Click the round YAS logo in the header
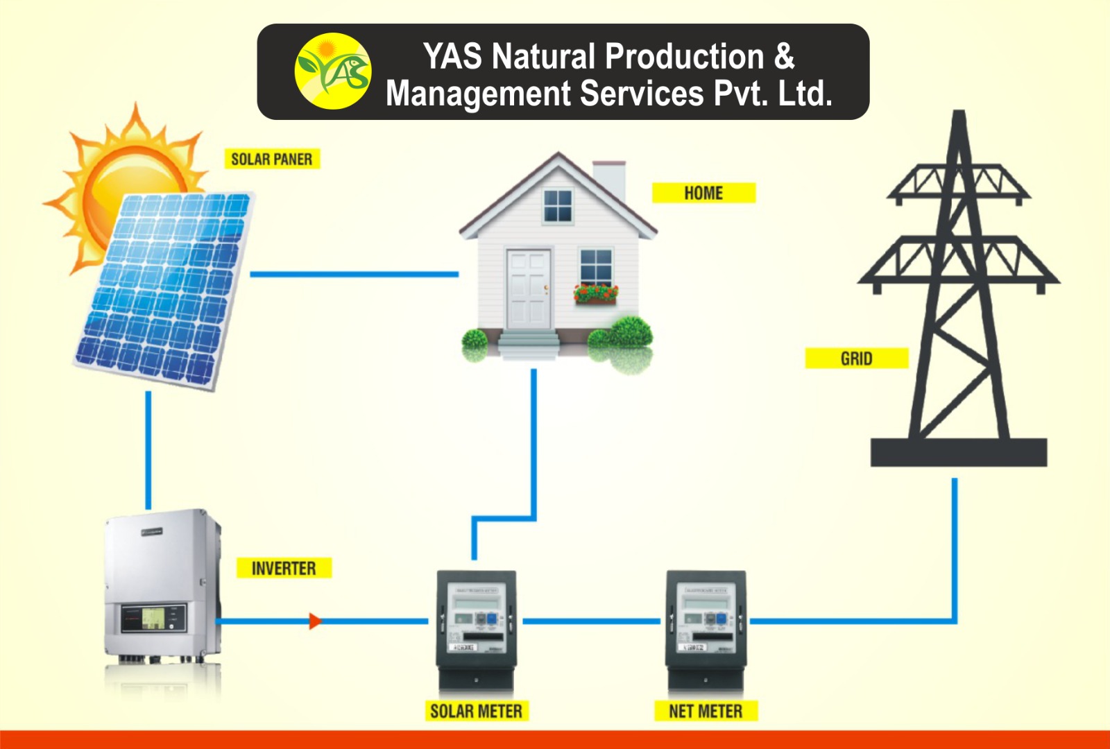pyautogui.click(x=333, y=71)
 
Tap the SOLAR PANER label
pyautogui.click(x=271, y=159)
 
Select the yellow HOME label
pyautogui.click(x=703, y=193)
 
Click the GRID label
pyautogui.click(x=856, y=359)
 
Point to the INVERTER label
pyautogui.click(x=283, y=569)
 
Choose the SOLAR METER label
pyautogui.click(x=476, y=711)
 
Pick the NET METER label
pyautogui.click(x=706, y=711)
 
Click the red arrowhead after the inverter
pyautogui.click(x=315, y=621)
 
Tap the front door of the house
pyautogui.click(x=529, y=289)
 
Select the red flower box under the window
pyautogui.click(x=595, y=295)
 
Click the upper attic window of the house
pyautogui.click(x=557, y=205)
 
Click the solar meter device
pyautogui.click(x=476, y=628)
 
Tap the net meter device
pyautogui.click(x=706, y=628)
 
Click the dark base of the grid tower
pyautogui.click(x=958, y=452)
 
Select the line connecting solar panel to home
pyautogui.click(x=354, y=275)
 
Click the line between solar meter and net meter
pyautogui.click(x=591, y=621)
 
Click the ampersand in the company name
pyautogui.click(x=784, y=57)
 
